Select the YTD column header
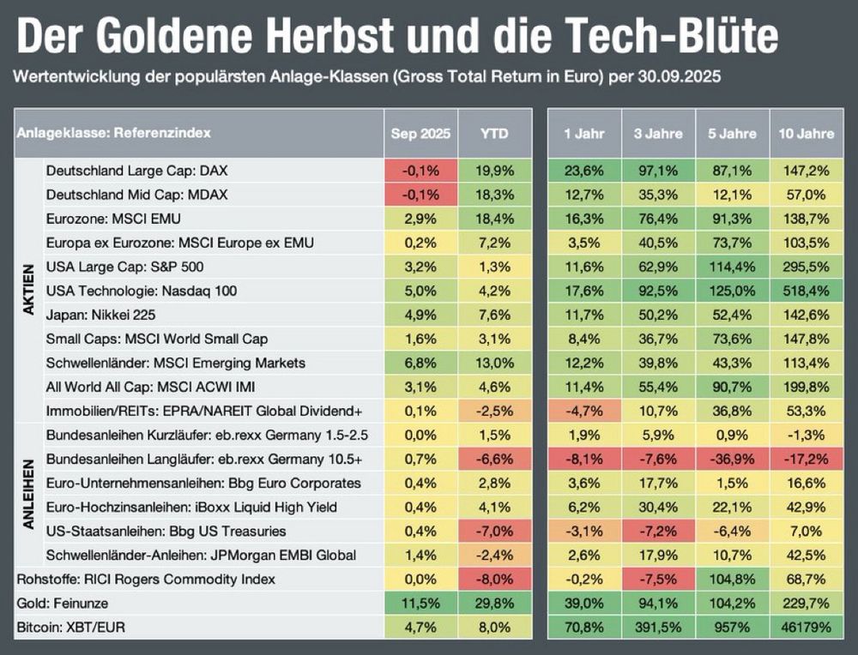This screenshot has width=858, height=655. (x=494, y=134)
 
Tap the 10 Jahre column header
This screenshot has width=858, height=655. (x=806, y=134)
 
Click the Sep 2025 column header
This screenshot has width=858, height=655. (x=420, y=134)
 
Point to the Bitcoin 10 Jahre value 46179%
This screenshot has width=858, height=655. (x=806, y=628)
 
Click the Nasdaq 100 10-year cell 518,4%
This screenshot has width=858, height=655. (x=806, y=291)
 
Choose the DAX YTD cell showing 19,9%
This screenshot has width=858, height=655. (x=494, y=171)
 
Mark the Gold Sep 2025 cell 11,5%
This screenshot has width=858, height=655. (x=420, y=604)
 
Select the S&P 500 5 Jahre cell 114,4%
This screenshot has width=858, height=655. (x=732, y=267)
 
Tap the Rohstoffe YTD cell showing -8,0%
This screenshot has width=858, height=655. (x=494, y=580)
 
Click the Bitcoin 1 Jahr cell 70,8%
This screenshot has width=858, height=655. (x=584, y=628)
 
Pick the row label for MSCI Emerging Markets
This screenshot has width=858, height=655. (x=176, y=364)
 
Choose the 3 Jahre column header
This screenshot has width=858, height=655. (x=658, y=134)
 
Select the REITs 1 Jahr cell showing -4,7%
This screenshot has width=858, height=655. (x=584, y=412)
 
